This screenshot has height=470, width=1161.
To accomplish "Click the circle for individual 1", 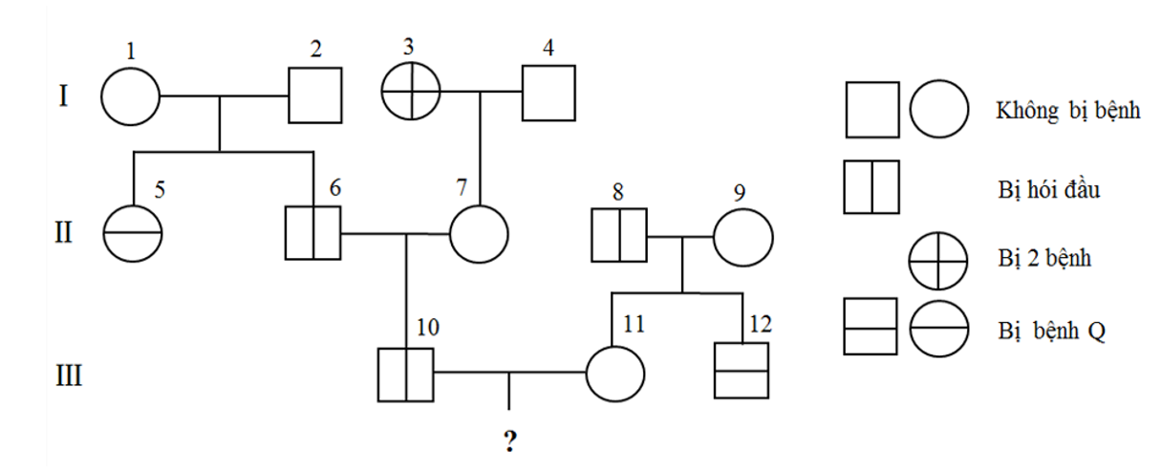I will [131, 96].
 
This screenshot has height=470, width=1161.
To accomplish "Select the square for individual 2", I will [315, 96].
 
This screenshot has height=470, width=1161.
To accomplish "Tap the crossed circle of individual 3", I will [411, 94].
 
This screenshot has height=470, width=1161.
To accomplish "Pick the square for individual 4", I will [548, 94].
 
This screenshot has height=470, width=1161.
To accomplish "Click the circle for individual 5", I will [133, 233].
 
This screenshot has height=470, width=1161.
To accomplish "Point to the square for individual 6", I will [313, 232].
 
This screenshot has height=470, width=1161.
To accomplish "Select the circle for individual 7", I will [479, 233].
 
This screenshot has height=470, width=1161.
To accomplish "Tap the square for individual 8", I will [618, 234].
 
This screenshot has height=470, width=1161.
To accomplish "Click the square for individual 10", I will [406, 373].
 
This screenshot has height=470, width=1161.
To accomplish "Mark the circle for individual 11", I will [613, 373].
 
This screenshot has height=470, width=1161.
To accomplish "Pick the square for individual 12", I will [742, 371].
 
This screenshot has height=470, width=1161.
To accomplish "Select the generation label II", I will [63, 233].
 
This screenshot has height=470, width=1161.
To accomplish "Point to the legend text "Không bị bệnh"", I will [1067, 111].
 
